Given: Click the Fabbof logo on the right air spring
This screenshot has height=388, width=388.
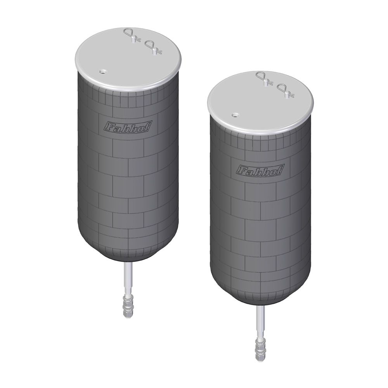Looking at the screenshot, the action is click(260, 170).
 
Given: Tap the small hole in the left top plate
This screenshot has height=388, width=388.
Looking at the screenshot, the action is click(102, 72).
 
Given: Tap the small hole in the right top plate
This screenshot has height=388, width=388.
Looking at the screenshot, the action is click(235, 115).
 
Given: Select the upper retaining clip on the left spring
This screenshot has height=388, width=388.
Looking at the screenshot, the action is click(132, 35).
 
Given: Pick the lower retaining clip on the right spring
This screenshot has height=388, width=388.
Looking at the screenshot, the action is click(286, 91).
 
